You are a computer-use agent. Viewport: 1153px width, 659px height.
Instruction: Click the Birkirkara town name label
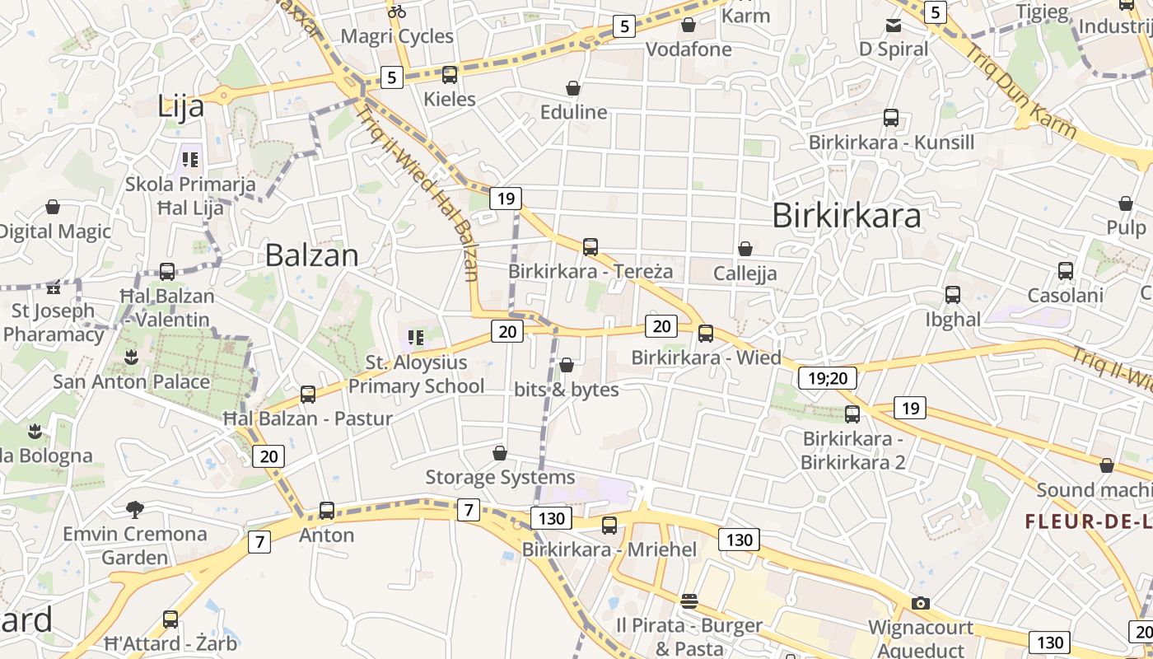847,216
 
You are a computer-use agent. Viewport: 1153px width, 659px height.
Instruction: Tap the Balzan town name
311,255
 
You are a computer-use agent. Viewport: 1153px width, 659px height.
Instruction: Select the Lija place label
180,106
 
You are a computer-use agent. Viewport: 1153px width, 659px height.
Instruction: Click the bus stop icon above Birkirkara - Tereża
590,246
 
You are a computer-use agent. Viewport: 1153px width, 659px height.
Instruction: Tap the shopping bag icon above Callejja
745,249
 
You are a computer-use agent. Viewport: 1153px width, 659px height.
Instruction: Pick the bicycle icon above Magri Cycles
397,12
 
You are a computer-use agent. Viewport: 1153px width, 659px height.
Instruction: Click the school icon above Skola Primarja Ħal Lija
190,160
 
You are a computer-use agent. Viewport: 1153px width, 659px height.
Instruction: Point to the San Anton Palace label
132,381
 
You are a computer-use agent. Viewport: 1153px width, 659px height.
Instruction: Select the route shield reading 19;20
828,378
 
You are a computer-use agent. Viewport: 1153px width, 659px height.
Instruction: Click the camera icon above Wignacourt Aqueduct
921,603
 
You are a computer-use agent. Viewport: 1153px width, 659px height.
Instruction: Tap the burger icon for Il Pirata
689,601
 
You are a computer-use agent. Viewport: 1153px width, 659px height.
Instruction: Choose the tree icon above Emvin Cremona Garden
134,509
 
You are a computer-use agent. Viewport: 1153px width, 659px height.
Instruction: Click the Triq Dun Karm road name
1021,91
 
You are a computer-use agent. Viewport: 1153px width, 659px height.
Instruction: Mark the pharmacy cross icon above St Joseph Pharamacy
54,289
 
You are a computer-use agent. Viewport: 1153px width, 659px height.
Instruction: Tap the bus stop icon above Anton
327,511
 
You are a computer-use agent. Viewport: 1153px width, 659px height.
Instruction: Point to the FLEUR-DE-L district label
1088,521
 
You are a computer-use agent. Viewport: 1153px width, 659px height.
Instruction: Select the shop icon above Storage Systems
500,453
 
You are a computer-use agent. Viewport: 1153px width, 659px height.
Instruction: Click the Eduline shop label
574,112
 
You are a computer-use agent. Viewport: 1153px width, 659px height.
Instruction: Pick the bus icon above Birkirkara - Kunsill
891,118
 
